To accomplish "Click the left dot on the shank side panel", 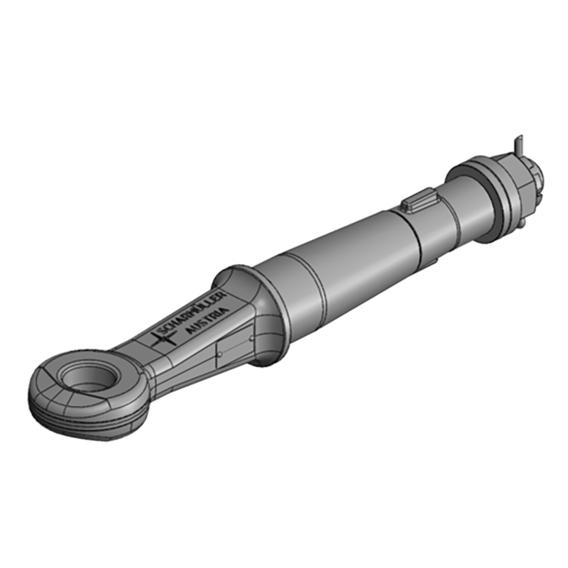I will [x=221, y=350].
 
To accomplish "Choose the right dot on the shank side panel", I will [x=249, y=339].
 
